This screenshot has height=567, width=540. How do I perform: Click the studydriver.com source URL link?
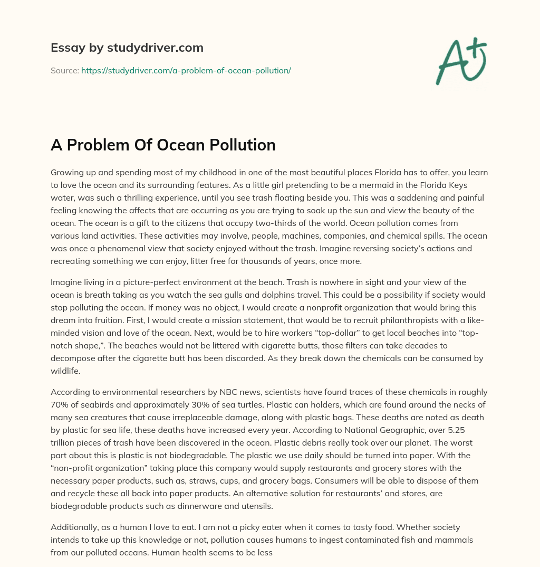click(x=186, y=70)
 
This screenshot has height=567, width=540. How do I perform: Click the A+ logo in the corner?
click(x=460, y=61)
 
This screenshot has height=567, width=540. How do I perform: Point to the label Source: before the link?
click(x=64, y=70)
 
